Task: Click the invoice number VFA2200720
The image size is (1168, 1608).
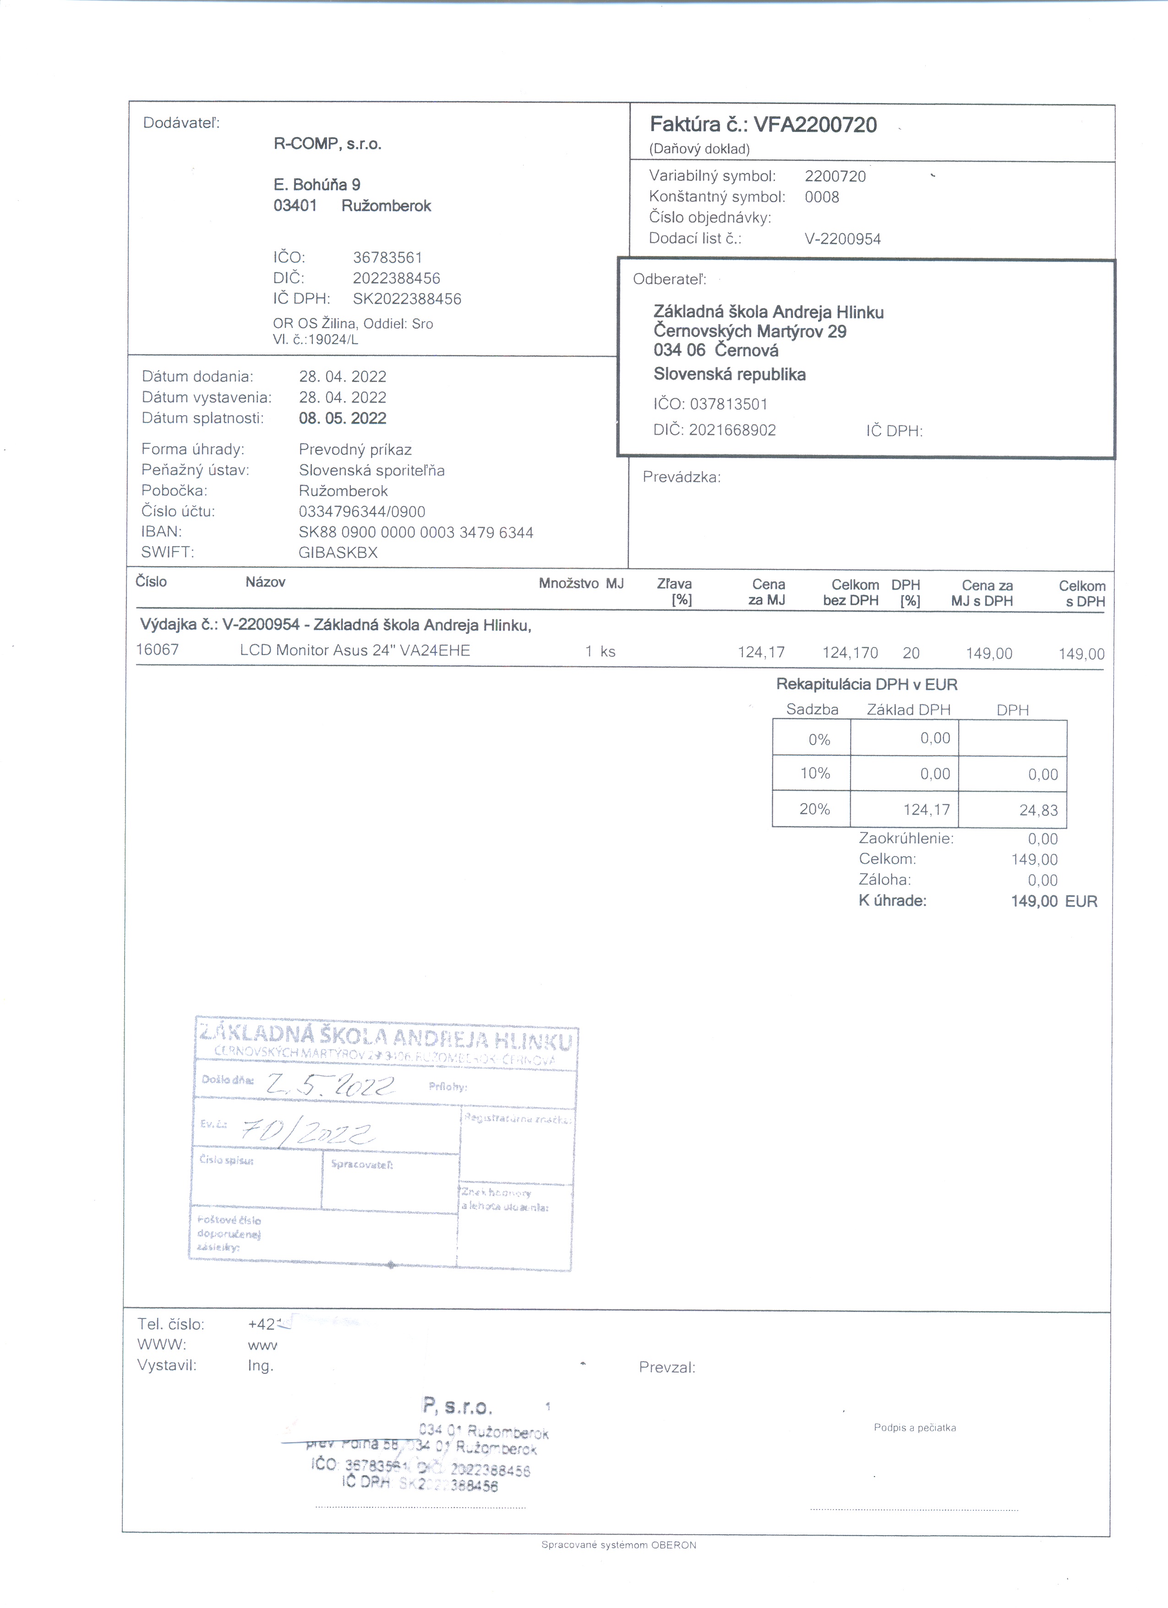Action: point(815,126)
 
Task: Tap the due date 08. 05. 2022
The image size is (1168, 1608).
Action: point(342,418)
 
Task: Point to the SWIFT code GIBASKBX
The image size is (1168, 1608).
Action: point(338,553)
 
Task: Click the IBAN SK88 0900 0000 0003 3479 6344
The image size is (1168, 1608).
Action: point(416,532)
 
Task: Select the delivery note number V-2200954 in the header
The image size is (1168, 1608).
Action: point(843,239)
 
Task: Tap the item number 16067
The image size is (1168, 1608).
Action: point(158,650)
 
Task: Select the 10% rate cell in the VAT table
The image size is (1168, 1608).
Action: point(815,773)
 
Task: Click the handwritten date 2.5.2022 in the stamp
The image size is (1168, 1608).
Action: point(330,1085)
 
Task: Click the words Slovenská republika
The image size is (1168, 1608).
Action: point(729,374)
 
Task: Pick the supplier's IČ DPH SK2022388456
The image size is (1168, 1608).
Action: point(407,299)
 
